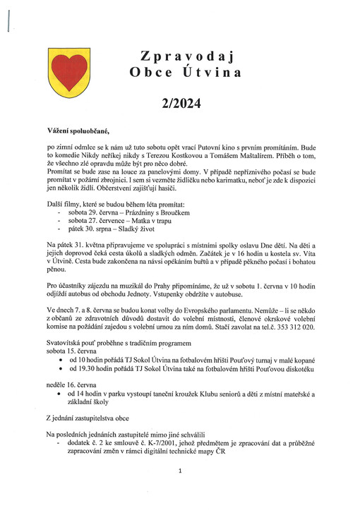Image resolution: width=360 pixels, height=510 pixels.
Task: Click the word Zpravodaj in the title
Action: (186, 56)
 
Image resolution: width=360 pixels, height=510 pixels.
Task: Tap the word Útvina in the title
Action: (215, 72)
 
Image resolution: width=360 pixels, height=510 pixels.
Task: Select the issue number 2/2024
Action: (181, 104)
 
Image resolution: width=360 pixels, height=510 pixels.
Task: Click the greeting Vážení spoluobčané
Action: (79, 130)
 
